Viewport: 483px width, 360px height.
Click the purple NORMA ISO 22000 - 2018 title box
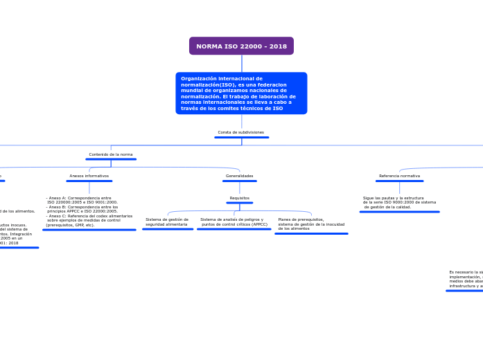click(x=241, y=46)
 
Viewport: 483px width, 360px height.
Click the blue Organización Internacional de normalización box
click(x=241, y=93)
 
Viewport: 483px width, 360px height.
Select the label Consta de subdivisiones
click(x=240, y=132)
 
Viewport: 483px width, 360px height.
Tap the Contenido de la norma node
click(x=111, y=154)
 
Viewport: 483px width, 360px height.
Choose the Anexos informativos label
click(x=89, y=176)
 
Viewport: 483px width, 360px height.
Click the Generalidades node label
click(x=239, y=176)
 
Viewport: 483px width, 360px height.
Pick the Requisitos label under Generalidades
click(x=239, y=198)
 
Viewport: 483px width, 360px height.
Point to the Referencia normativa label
click(x=399, y=176)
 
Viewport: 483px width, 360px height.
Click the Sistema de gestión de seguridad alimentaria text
click(x=166, y=222)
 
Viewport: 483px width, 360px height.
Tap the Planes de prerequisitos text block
click(x=311, y=224)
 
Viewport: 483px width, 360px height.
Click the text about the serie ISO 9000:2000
click(x=399, y=202)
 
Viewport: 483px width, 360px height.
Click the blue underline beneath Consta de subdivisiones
click(x=241, y=137)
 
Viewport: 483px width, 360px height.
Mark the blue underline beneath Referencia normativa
click(x=399, y=181)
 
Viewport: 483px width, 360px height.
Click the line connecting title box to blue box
click(x=241, y=63)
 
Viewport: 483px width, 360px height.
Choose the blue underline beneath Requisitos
click(x=239, y=203)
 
